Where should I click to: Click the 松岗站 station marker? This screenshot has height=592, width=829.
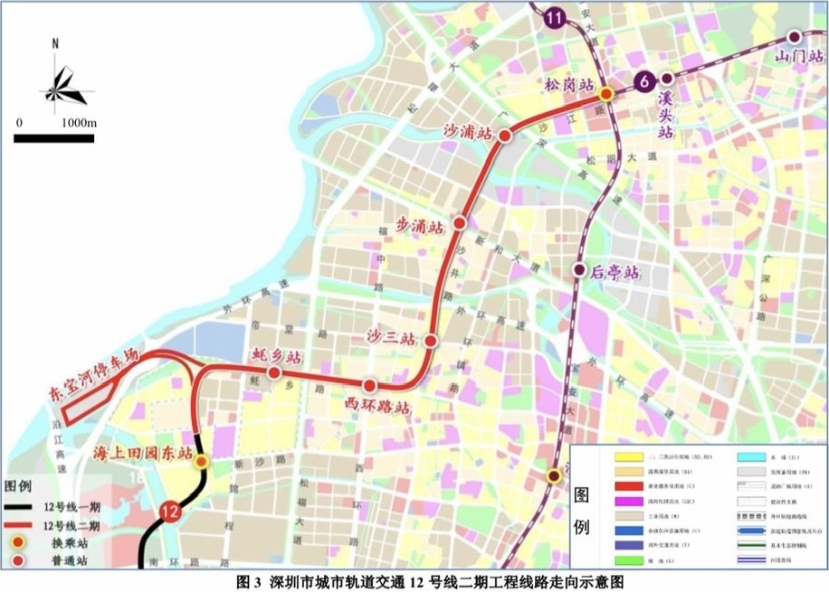607,93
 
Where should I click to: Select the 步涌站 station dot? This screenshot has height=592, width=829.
460,222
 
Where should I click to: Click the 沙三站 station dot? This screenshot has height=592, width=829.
431,342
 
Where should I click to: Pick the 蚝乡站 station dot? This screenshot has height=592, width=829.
274,371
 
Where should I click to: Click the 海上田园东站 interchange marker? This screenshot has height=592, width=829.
202,461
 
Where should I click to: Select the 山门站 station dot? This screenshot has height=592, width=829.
794,37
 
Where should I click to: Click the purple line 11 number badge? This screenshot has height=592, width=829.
555,16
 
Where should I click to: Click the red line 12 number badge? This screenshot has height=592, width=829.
168,511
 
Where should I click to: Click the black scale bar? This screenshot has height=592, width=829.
54,138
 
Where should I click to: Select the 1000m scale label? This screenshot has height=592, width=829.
78,122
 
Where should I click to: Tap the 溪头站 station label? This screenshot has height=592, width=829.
667,113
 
